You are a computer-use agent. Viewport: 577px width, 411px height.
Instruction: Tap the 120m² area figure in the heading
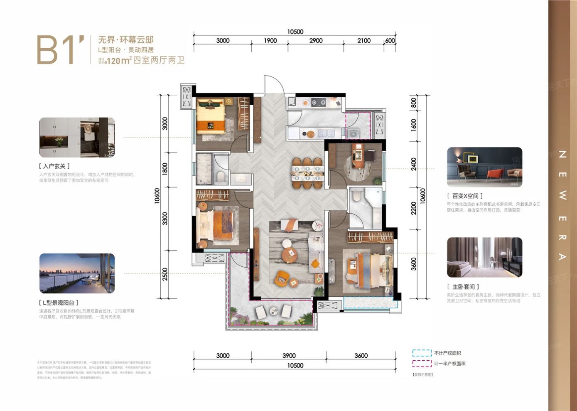[x=119, y=61]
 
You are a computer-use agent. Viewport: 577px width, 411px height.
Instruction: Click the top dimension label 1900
[x=270, y=40]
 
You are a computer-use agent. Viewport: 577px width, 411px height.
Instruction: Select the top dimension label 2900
[x=316, y=40]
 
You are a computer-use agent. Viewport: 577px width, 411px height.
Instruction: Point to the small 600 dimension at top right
[x=390, y=40]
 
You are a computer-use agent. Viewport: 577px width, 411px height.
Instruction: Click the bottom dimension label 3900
[x=289, y=355]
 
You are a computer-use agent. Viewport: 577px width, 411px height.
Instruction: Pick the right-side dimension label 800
[x=413, y=103]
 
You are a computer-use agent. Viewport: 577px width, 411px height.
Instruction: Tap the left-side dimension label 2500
[x=165, y=274]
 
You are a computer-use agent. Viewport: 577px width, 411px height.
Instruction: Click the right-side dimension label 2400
[x=413, y=164]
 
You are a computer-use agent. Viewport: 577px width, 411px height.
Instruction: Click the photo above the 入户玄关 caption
[x=77, y=138]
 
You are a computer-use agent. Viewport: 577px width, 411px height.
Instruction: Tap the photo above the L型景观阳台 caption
[x=77, y=273]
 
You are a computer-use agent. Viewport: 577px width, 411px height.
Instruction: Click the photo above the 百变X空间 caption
[x=484, y=167]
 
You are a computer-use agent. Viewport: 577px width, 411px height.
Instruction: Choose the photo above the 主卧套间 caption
[x=484, y=257]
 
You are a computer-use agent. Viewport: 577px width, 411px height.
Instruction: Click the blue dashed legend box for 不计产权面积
[x=422, y=353]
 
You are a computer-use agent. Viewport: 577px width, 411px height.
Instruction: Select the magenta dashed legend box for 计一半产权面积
[x=422, y=363]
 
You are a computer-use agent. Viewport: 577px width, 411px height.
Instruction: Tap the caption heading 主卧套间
[x=465, y=287]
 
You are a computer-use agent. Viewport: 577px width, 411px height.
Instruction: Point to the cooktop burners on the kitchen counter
[x=319, y=102]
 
